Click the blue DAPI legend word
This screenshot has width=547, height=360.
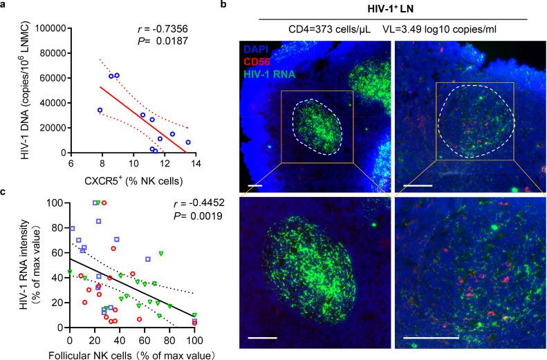pos(264,50)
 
